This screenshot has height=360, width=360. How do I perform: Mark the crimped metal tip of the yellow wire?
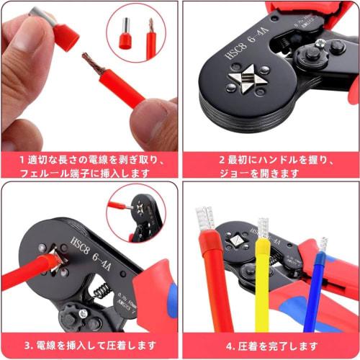[x=264, y=229]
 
